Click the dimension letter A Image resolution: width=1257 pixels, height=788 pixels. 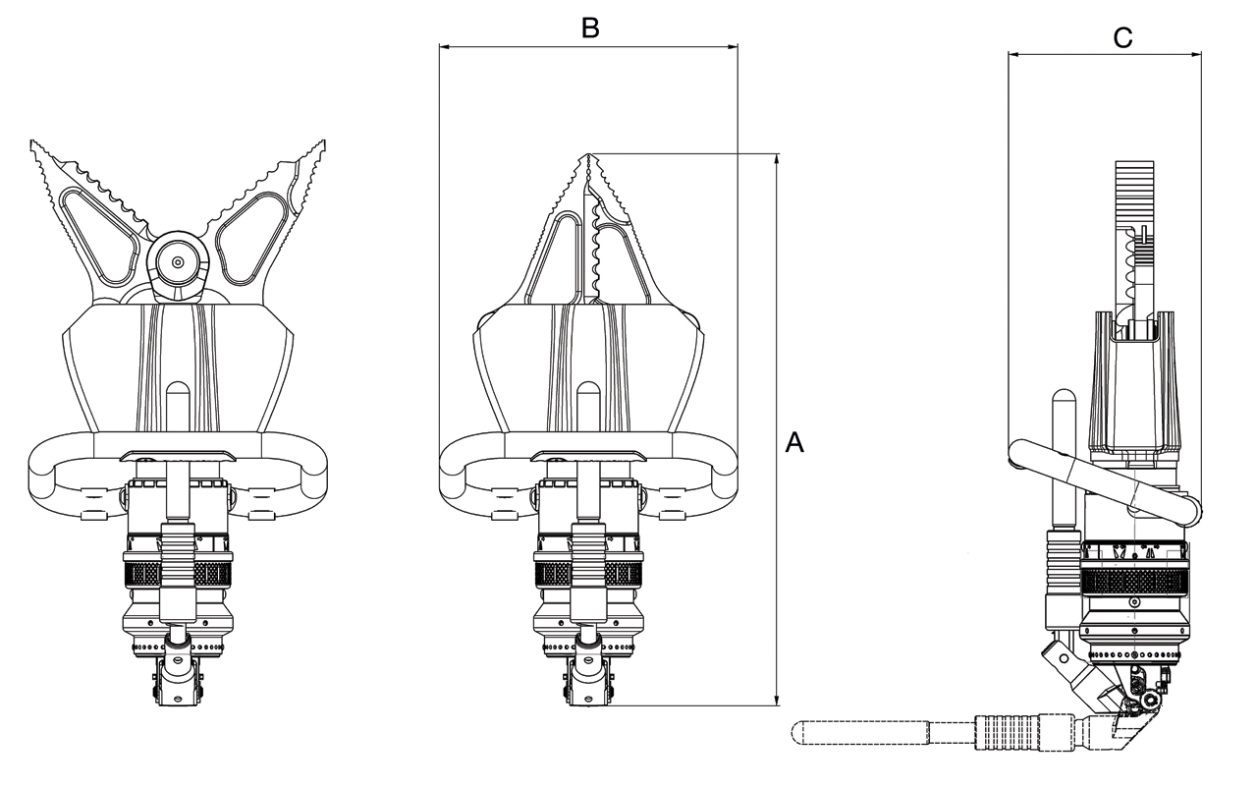coord(794,443)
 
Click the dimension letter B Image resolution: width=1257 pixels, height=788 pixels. coord(589,28)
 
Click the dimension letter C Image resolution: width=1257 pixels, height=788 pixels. coord(1122,38)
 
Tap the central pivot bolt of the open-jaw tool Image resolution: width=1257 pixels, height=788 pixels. coord(178,263)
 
